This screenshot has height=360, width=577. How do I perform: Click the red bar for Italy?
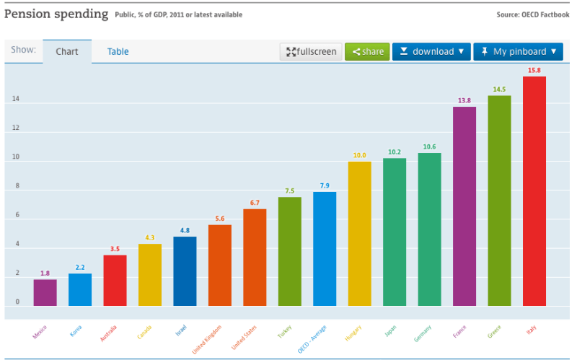tap(534, 191)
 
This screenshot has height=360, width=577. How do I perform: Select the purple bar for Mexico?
tap(45, 292)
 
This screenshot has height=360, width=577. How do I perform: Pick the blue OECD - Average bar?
tap(325, 248)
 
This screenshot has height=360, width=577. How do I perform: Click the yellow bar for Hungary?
tap(359, 233)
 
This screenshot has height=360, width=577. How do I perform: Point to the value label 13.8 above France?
tap(464, 100)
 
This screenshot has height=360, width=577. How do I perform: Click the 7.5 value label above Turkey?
tap(289, 191)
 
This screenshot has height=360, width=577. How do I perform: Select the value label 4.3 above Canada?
tap(150, 237)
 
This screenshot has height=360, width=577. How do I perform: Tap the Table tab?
tap(118, 52)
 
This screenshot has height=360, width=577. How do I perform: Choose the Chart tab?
tap(67, 52)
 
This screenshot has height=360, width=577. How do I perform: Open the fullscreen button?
tap(311, 52)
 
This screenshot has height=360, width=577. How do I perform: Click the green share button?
tap(367, 52)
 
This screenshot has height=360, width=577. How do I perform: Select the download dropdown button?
tap(431, 52)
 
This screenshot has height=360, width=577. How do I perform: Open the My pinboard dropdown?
tap(518, 52)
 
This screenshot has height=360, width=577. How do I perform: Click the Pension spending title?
tap(56, 14)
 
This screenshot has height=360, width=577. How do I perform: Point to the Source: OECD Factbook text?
tap(532, 14)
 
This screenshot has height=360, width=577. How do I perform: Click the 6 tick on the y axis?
tap(17, 216)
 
